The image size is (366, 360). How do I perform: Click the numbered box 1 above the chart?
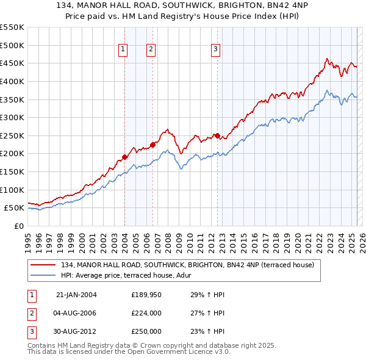[x=123, y=50]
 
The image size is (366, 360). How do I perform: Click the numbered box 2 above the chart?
[x=151, y=50]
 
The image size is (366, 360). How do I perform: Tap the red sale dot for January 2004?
[x=124, y=157]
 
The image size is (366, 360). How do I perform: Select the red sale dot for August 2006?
[x=152, y=145]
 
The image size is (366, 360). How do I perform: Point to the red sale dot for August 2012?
[x=217, y=135]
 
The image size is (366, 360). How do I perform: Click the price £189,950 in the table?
[x=146, y=295]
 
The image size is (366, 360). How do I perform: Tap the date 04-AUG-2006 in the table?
[x=76, y=313]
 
